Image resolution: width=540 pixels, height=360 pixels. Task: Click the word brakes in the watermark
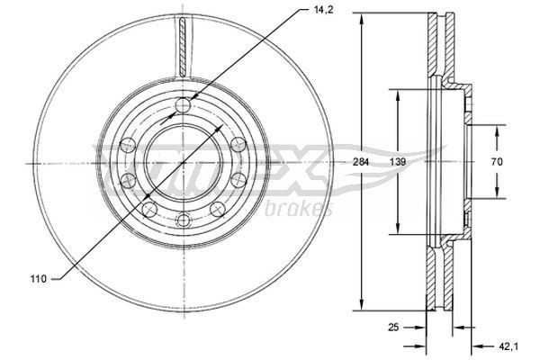pos(299,210)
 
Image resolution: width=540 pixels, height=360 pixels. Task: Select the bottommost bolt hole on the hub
pos(184,219)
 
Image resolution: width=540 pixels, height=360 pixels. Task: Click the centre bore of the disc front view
pos(184,163)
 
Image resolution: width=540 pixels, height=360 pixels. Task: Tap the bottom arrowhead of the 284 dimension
pos(362,303)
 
